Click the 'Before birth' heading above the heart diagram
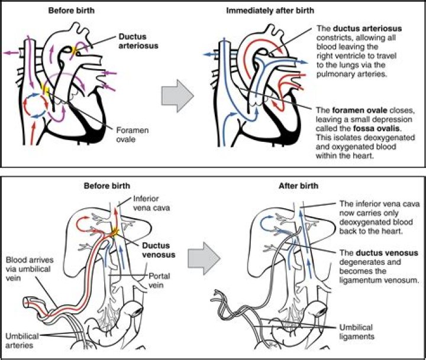click(72, 11)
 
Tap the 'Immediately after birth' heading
click(270, 11)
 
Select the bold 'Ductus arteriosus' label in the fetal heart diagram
click(138, 41)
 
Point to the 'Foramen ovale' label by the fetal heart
click(133, 135)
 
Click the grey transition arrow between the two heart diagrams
click(177, 96)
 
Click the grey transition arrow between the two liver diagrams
click(204, 259)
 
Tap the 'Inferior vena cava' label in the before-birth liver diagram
click(151, 203)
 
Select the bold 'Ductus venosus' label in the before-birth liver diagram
click(159, 250)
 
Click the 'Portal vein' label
click(159, 280)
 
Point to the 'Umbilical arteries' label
click(22, 340)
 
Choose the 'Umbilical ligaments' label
click(357, 332)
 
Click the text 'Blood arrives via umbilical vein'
click(30, 269)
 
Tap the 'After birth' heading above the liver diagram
click(298, 186)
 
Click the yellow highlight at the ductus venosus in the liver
click(115, 232)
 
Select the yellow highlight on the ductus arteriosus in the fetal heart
click(75, 50)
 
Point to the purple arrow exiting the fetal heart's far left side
click(11, 53)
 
